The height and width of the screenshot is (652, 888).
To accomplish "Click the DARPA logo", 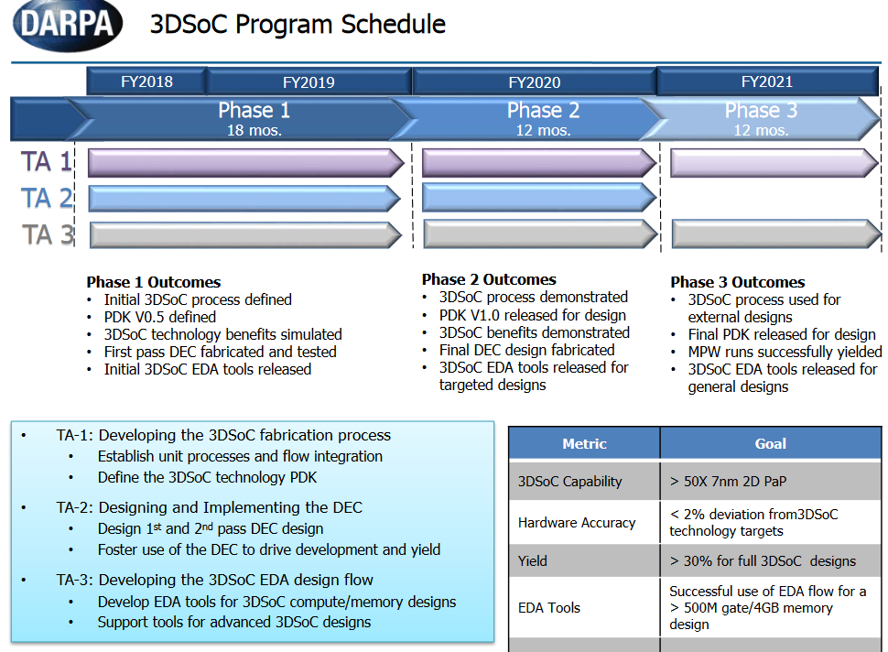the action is (x=68, y=25).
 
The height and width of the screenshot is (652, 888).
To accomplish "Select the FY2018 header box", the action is (x=146, y=81).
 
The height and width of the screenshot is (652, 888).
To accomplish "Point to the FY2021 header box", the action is (x=767, y=81).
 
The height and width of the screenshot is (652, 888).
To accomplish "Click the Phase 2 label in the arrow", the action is (x=543, y=111).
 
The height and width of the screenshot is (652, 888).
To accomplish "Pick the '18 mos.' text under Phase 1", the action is (x=254, y=130).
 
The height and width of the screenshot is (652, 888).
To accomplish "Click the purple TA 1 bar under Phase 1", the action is (x=245, y=163).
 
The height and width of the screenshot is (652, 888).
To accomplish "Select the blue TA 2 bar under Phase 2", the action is (x=539, y=198).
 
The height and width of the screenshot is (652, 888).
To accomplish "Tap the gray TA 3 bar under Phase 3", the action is (x=776, y=234).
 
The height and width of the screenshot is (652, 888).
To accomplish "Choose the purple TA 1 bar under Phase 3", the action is (x=774, y=163).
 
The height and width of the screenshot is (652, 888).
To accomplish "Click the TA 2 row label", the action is (x=47, y=199).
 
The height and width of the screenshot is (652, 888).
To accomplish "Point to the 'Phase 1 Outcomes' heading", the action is (x=154, y=282).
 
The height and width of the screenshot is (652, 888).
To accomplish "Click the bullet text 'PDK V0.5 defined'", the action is (x=159, y=317).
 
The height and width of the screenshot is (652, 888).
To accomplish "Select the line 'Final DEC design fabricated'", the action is (x=526, y=350).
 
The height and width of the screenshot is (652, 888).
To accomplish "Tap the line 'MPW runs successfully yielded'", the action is (x=785, y=352).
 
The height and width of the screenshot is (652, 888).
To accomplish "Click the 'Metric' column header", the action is (x=584, y=443).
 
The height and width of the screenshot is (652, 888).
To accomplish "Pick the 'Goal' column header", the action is (x=770, y=443).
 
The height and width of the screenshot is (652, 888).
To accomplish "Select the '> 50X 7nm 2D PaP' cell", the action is (x=729, y=482).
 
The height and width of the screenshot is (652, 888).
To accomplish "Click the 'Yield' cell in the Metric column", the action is (x=533, y=560).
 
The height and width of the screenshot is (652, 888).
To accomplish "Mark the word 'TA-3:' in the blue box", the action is (x=75, y=580).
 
